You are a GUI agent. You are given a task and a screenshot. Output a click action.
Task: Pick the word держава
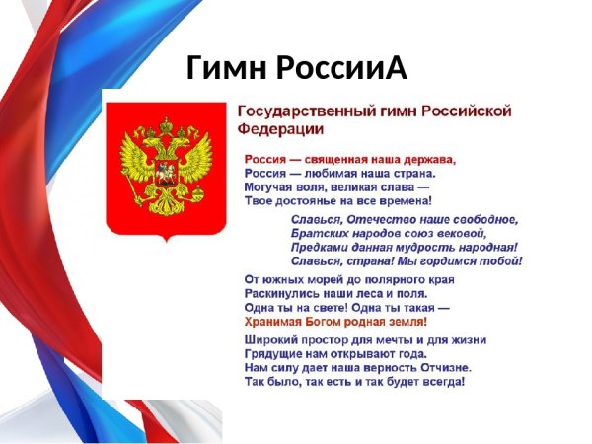(426, 158)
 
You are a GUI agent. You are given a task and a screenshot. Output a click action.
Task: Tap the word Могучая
(270, 185)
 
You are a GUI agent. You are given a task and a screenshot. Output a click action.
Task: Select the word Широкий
(271, 340)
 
